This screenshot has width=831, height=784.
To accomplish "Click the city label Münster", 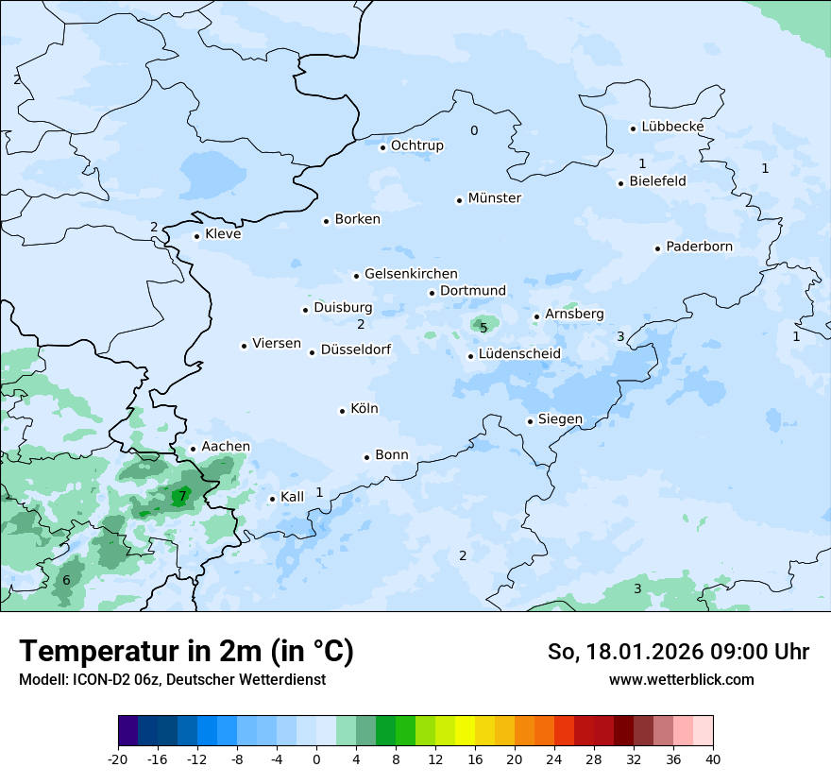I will (494, 198).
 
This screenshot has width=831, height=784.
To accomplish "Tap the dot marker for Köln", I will (343, 411).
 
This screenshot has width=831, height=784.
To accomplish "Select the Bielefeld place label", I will (657, 181).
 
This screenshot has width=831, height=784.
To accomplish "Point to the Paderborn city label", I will (699, 247).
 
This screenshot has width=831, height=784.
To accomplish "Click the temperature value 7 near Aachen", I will (182, 497).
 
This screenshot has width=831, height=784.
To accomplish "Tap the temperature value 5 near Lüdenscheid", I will (483, 328).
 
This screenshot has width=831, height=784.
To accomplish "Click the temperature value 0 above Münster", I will (474, 131).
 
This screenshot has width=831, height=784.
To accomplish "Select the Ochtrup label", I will (416, 145).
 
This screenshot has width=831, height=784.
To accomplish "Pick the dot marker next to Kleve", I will (197, 236).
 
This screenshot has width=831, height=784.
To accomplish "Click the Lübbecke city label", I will (672, 127).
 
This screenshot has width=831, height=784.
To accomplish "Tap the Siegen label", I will (560, 419).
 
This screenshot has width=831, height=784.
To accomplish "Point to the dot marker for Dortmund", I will (432, 293).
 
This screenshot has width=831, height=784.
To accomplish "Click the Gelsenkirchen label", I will (411, 274).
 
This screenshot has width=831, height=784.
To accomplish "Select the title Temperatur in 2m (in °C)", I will (186, 652).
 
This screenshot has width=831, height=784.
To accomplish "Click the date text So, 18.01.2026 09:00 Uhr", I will (678, 652).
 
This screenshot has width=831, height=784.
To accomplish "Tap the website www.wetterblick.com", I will (681, 679).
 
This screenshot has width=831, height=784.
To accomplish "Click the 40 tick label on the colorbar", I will (713, 758).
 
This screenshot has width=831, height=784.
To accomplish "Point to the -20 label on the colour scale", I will (118, 758).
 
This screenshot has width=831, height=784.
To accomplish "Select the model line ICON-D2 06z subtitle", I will (172, 679).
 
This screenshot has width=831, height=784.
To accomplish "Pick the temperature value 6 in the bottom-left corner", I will (66, 580).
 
